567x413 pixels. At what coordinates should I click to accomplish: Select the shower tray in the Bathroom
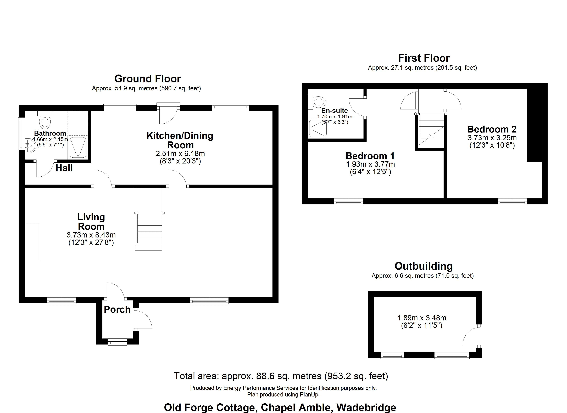click(x=78, y=147)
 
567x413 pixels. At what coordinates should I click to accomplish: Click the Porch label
click(x=117, y=310)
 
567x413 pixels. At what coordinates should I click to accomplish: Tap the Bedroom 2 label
click(x=492, y=129)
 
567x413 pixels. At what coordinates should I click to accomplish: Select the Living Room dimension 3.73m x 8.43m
click(x=91, y=235)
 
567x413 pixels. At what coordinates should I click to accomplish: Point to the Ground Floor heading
click(x=147, y=79)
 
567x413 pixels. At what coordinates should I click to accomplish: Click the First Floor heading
click(x=424, y=58)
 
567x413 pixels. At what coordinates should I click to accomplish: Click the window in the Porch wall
click(x=118, y=342)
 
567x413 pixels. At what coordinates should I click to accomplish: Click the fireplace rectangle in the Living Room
click(x=32, y=242)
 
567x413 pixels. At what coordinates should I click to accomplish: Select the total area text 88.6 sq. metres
click(x=281, y=376)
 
